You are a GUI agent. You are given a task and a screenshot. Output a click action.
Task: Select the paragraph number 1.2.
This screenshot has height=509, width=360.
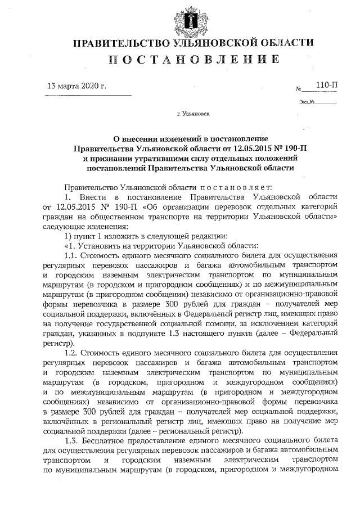71,352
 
